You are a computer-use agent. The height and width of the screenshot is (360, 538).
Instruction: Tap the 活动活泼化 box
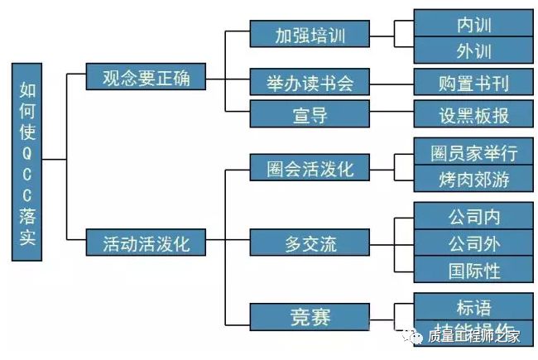pyautogui.click(x=146, y=244)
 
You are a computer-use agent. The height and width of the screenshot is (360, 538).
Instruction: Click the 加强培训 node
pyautogui.click(x=310, y=35)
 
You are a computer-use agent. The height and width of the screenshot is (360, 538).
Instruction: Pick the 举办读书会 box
pyautogui.click(x=310, y=83)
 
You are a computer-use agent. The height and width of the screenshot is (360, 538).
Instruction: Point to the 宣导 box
pyautogui.click(x=310, y=114)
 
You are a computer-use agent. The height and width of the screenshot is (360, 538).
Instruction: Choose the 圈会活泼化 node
pyautogui.click(x=310, y=169)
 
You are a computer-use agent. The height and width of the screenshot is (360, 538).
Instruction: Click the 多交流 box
pyautogui.click(x=310, y=243)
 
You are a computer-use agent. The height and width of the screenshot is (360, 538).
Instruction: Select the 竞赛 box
pyautogui.click(x=310, y=317)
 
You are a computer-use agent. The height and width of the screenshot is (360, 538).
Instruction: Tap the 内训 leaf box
pyautogui.click(x=473, y=24)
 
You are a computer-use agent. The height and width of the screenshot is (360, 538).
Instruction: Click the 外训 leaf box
pyautogui.click(x=473, y=50)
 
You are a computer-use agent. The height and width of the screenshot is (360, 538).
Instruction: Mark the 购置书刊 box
pyautogui.click(x=473, y=83)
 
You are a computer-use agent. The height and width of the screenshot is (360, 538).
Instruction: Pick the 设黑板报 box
pyautogui.click(x=473, y=114)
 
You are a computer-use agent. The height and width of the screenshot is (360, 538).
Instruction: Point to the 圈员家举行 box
pyautogui.click(x=473, y=153)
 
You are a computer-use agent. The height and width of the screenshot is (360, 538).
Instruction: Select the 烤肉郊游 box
pyautogui.click(x=473, y=179)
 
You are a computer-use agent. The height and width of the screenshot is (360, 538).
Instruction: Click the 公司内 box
pyautogui.click(x=473, y=218)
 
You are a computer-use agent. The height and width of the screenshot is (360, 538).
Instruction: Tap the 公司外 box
pyautogui.click(x=473, y=243)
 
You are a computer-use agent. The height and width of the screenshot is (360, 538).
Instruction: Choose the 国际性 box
pyautogui.click(x=473, y=270)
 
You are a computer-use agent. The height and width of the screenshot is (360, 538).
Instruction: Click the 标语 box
pyautogui.click(x=473, y=306)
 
